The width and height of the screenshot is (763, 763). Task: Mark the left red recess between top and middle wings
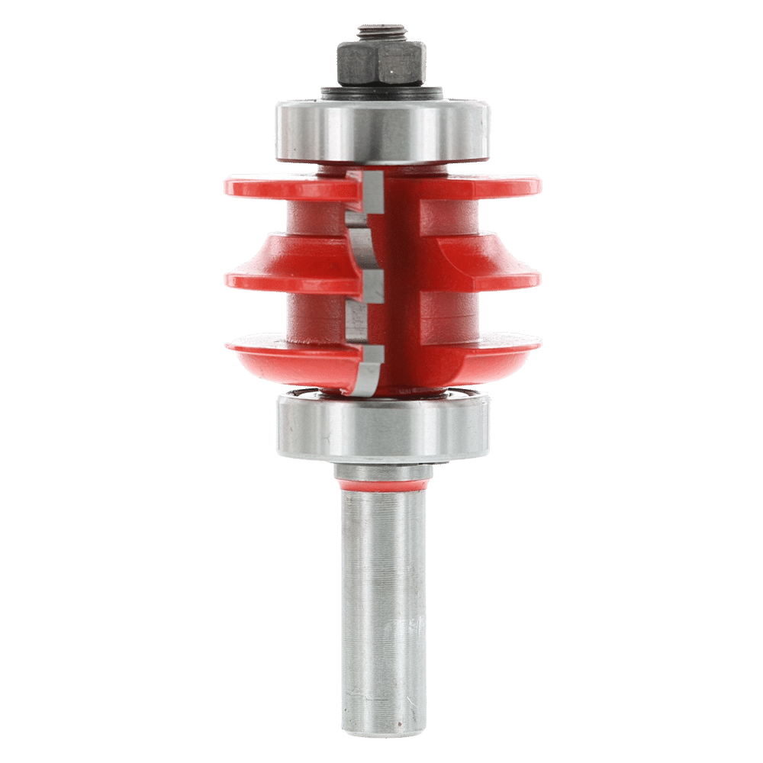pos(313,217)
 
